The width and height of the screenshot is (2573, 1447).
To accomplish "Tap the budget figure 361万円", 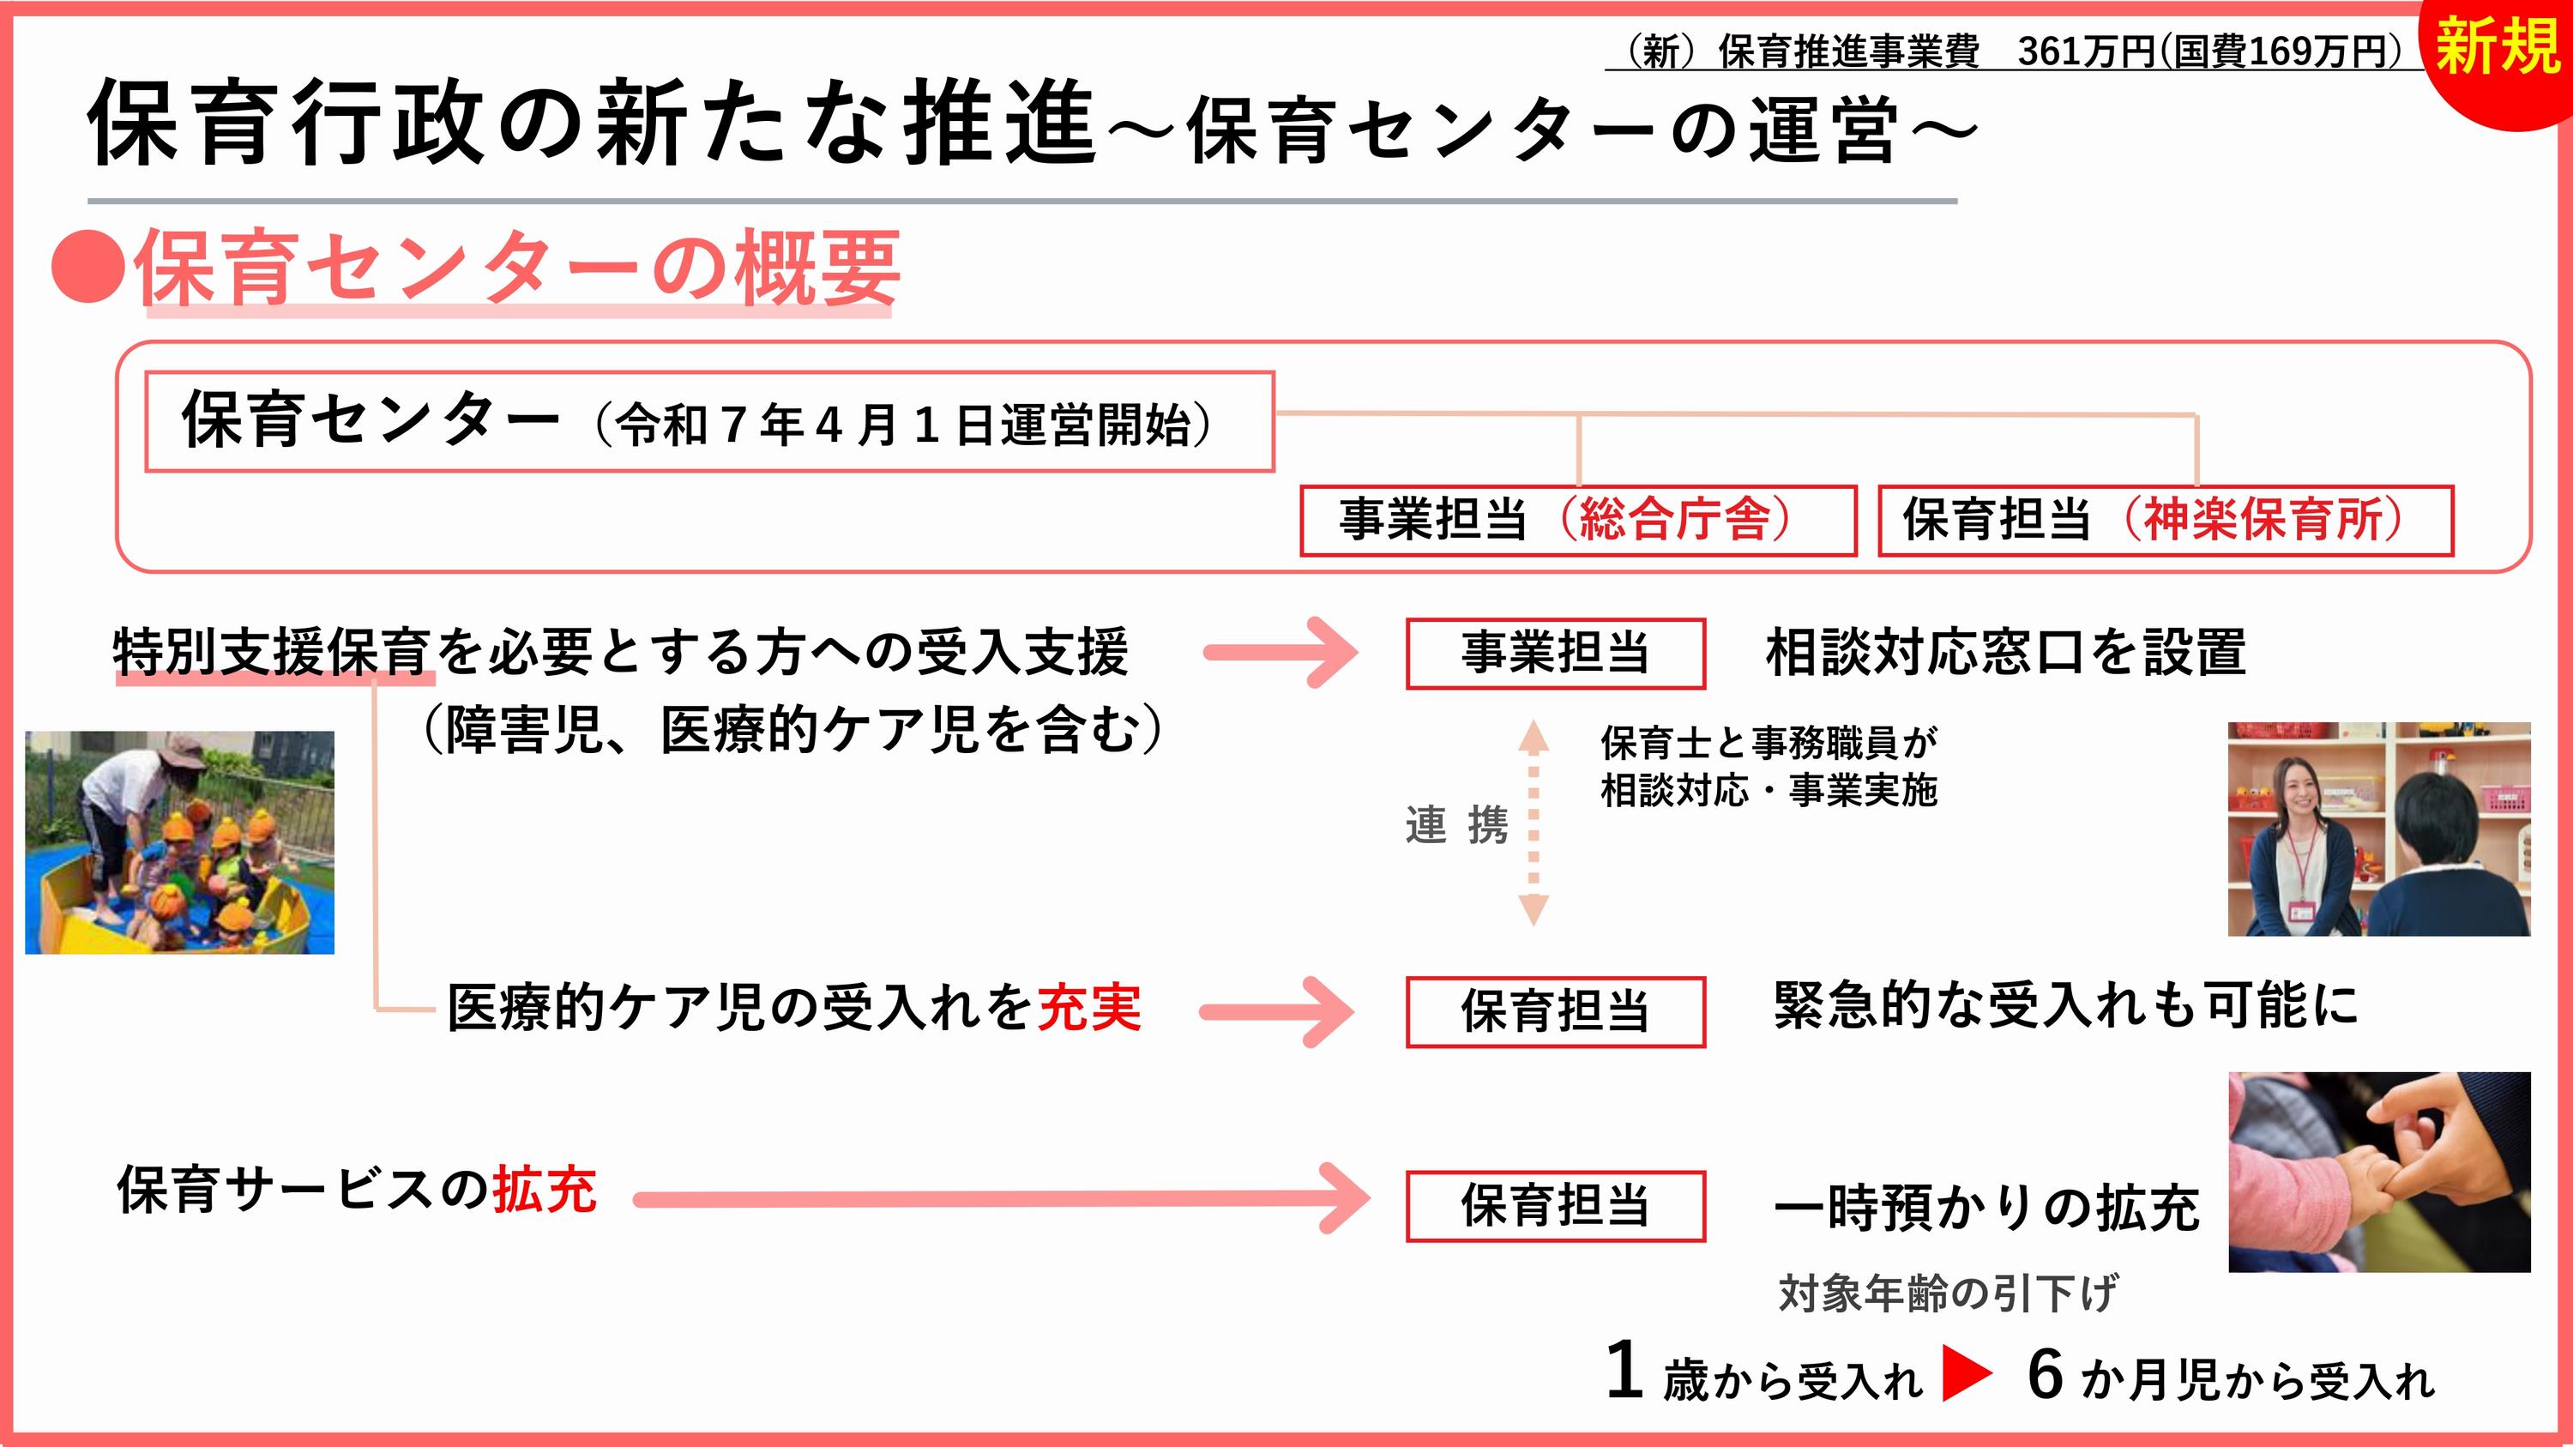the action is click(x=2087, y=51).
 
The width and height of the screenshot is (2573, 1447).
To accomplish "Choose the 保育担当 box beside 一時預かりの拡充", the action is click(x=1555, y=1206).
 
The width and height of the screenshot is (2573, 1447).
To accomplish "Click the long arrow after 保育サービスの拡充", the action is click(x=1002, y=1199).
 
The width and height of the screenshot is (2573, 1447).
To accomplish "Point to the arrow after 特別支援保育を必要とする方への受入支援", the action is click(x=1281, y=653).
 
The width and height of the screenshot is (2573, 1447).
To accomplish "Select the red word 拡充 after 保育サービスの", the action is click(x=545, y=1191).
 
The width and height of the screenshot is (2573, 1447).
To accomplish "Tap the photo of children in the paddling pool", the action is click(x=180, y=841).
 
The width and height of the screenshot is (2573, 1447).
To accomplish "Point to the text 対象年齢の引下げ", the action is click(x=1947, y=1294).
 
